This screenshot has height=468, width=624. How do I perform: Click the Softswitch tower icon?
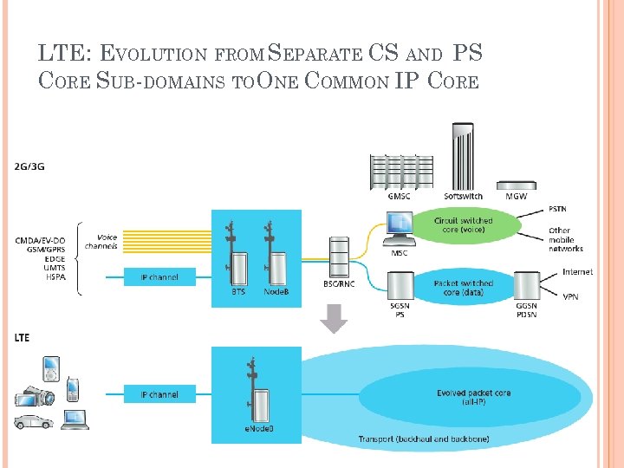463,156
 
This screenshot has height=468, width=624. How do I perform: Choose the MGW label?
516,197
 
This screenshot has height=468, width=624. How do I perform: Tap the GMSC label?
400,197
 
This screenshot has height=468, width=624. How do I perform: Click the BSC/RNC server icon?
338,257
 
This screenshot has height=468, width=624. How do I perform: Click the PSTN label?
559,210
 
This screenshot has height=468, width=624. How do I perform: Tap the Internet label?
577,272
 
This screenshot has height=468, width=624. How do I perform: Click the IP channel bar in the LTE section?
159,394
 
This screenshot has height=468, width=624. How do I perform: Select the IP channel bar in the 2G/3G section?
159,277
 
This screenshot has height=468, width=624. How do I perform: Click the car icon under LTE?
32,422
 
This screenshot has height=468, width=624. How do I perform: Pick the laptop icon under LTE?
75,419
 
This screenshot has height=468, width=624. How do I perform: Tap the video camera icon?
35,396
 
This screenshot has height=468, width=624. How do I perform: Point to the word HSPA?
55,277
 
